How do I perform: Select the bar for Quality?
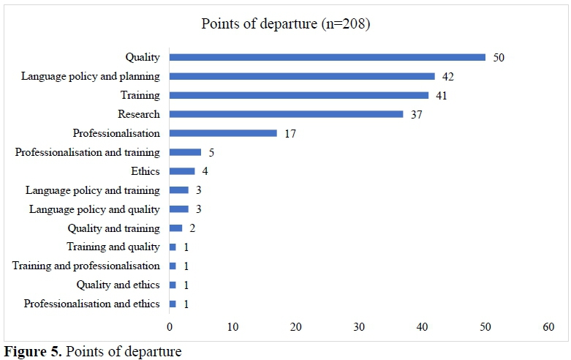[327, 57]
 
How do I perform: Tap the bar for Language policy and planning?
[302, 76]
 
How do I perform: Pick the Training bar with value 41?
[298, 95]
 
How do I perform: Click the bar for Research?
[286, 114]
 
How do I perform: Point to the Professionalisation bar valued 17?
[223, 133]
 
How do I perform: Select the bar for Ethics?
[182, 171]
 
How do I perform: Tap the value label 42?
[449, 76]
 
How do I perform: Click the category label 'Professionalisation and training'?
[88, 152]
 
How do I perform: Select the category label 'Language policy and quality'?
[94, 209]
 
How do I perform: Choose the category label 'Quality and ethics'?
[118, 285]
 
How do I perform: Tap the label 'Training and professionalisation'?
[86, 266]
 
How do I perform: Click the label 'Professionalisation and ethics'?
[91, 304]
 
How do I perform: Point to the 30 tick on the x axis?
[359, 328]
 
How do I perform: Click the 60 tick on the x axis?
[549, 328]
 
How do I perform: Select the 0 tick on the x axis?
[170, 328]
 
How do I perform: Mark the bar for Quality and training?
[175, 228]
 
